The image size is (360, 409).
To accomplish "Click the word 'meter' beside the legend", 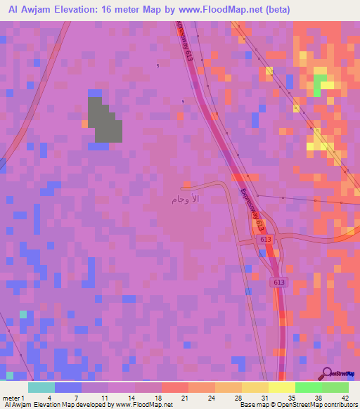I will pos(11,398).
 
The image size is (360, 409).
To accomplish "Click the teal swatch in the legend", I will pos(41,388).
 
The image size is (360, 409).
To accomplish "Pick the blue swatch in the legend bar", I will pos(67,388).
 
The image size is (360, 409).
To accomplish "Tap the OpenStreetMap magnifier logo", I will pos(326,373).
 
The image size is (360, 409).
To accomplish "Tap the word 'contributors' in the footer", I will pos(340,405).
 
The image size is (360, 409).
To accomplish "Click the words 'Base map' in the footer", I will pos(251,405).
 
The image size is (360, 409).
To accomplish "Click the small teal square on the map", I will pos(23,314).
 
